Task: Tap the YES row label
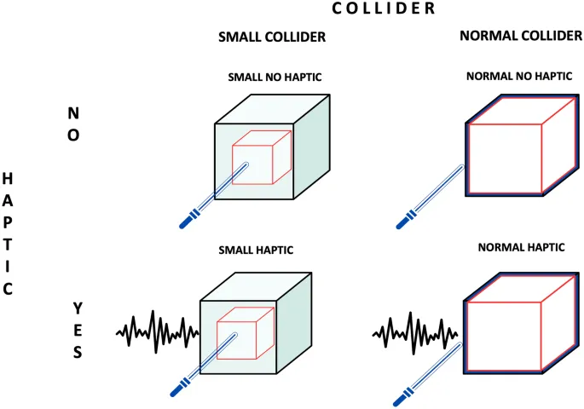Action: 77,329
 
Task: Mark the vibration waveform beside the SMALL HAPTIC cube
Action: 157,331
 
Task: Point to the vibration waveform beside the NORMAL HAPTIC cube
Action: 416,329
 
